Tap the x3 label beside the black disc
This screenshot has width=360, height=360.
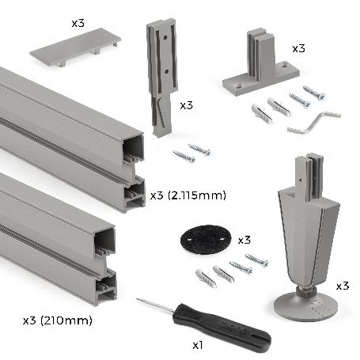[244, 239]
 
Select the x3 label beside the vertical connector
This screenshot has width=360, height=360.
[186, 104]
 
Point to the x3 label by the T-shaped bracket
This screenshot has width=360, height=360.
[298, 48]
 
